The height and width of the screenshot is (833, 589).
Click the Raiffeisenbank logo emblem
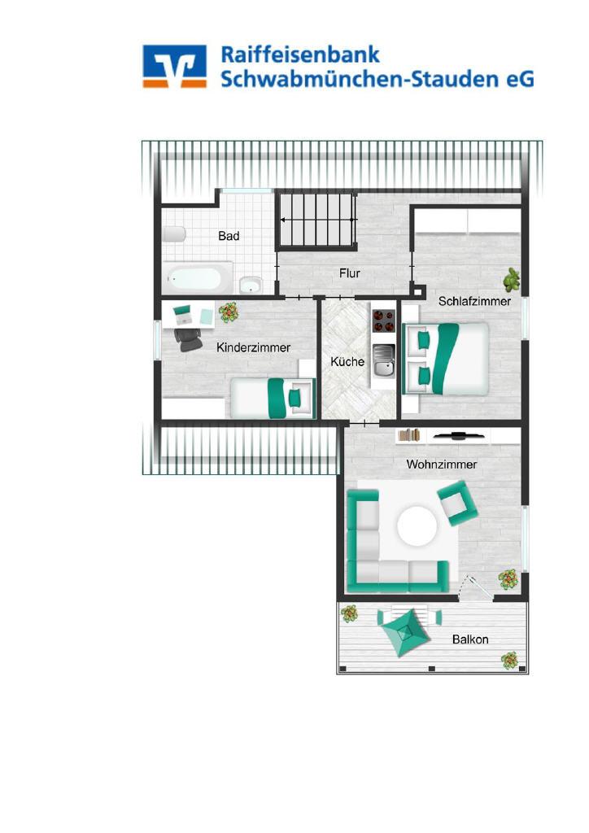click(x=174, y=66)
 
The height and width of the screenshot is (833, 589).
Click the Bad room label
click(x=229, y=236)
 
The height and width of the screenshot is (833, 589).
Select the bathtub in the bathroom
click(x=197, y=278)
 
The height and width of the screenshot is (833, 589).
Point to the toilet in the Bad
click(x=173, y=234)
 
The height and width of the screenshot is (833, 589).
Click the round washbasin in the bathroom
click(x=250, y=286)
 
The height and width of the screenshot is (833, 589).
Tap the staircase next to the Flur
click(x=316, y=220)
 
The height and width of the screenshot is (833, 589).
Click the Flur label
click(x=350, y=273)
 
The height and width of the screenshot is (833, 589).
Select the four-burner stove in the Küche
click(x=383, y=321)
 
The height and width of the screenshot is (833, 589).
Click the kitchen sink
click(x=383, y=360)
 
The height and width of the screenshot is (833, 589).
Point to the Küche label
click(x=347, y=362)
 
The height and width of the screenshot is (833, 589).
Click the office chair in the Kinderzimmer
click(x=187, y=339)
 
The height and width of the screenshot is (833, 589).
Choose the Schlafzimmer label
click(x=474, y=302)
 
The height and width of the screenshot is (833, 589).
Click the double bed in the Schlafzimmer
click(x=445, y=359)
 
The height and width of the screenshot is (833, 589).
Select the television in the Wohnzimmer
click(x=457, y=437)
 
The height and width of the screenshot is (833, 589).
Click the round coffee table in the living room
click(x=417, y=526)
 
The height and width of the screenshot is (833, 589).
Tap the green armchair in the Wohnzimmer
click(x=457, y=503)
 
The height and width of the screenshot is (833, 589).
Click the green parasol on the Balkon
click(x=404, y=632)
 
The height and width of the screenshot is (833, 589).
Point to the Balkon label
click(x=470, y=639)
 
